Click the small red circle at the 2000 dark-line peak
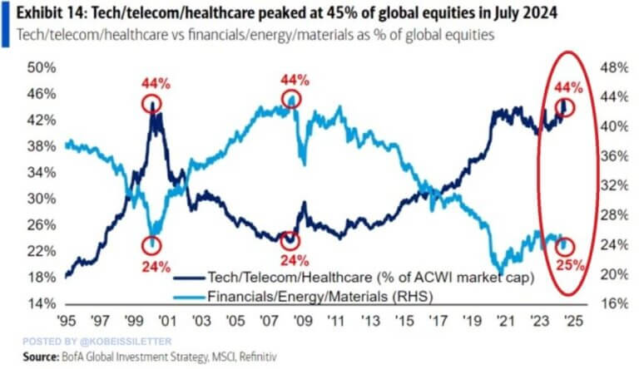tap(151, 104)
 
